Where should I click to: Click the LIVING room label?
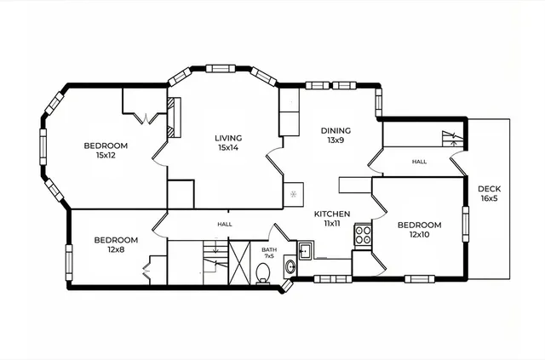(228, 138)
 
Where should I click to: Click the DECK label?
(489, 189)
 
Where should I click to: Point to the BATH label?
(269, 249)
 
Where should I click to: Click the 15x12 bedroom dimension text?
(106, 155)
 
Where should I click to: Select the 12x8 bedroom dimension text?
(116, 249)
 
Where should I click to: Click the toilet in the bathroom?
(263, 271)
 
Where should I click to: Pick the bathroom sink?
(290, 267)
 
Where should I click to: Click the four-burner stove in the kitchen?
(363, 234)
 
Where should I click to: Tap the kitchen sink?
(305, 250)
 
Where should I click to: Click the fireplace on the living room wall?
(176, 116)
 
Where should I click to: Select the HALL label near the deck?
(419, 161)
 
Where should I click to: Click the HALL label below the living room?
(224, 224)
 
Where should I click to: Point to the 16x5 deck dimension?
(489, 198)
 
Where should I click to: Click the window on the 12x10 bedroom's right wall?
(465, 222)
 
